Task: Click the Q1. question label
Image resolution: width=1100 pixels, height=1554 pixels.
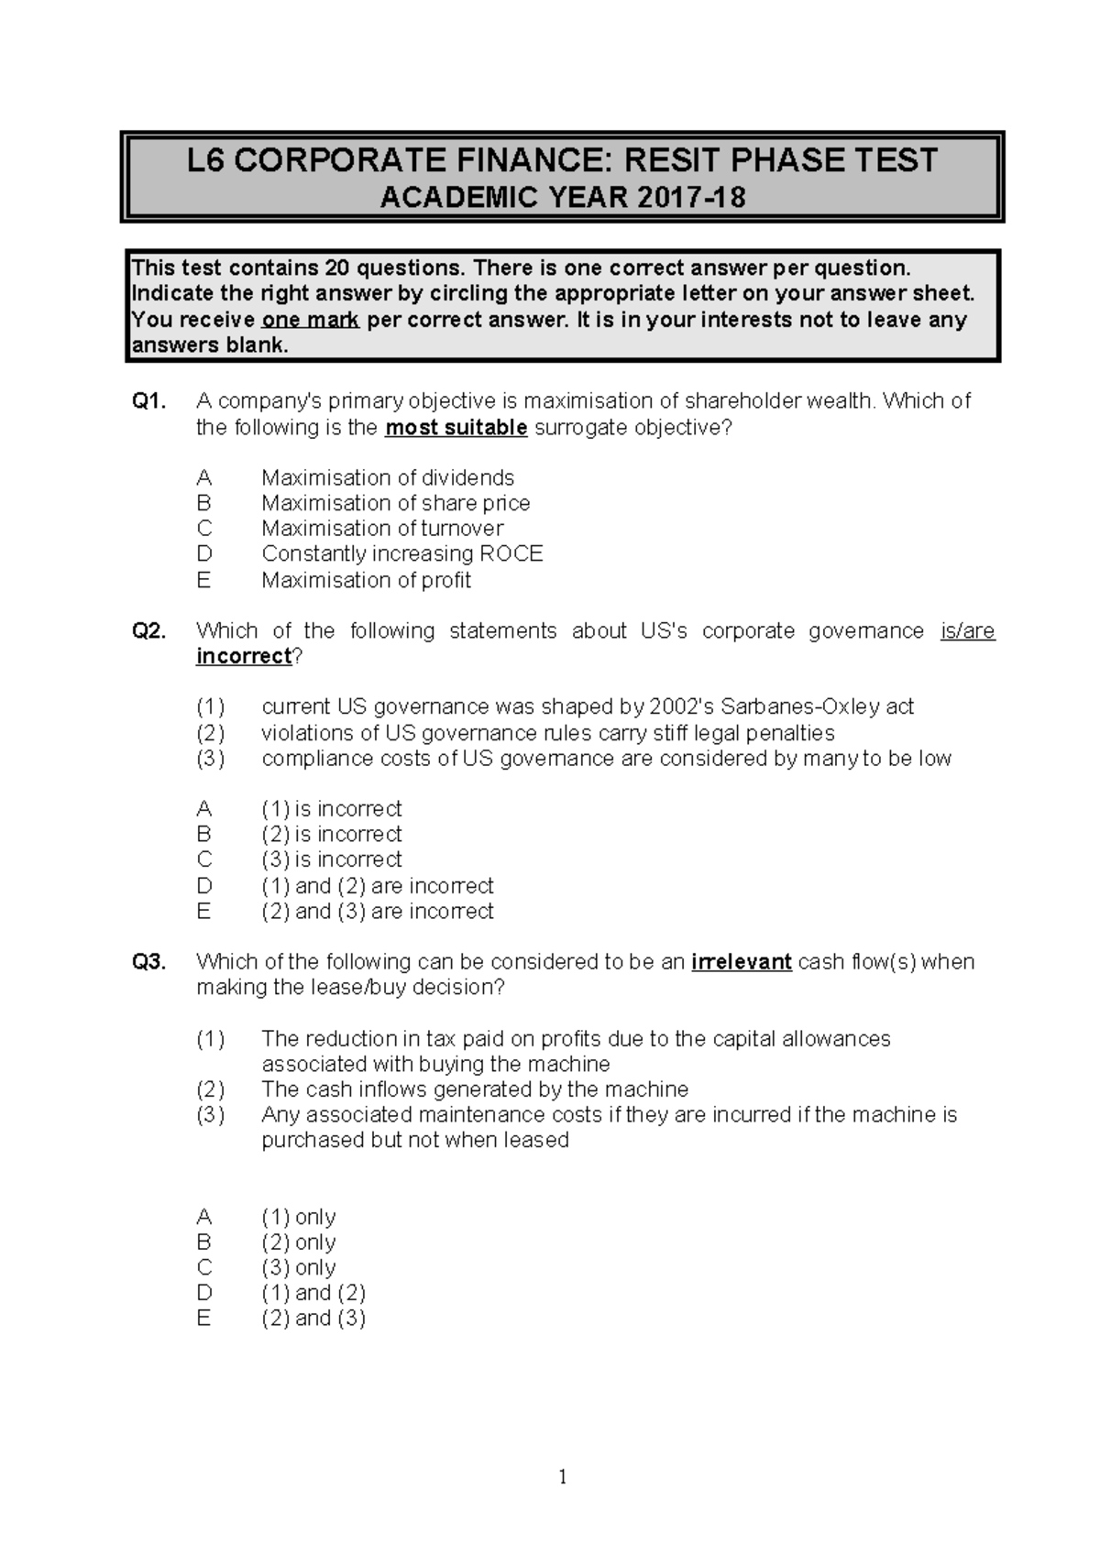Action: point(149,401)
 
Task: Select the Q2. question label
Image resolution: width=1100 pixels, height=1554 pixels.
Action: point(149,631)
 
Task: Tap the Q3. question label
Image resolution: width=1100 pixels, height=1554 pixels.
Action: point(149,962)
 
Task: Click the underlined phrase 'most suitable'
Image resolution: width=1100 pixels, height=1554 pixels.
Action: point(456,428)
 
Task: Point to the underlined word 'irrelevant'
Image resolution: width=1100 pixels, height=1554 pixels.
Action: point(741,962)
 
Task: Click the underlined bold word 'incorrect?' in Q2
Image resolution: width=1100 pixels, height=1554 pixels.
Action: point(246,656)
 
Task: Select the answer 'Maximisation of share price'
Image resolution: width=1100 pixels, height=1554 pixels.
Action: point(395,503)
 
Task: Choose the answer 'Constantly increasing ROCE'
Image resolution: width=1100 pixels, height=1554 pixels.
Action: point(401,553)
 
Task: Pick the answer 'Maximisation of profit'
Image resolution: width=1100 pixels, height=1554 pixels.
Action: point(366,580)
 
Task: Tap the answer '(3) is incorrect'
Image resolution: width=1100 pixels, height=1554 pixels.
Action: point(331,859)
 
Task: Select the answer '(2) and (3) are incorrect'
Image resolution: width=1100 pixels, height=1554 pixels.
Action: point(377,911)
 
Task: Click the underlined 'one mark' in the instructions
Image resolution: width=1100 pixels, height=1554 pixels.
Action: point(311,320)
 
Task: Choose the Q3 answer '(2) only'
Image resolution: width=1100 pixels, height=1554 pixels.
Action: point(298,1242)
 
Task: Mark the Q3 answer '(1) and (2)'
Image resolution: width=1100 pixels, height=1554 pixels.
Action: point(313,1293)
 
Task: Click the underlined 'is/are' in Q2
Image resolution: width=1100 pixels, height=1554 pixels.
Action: point(968,631)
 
